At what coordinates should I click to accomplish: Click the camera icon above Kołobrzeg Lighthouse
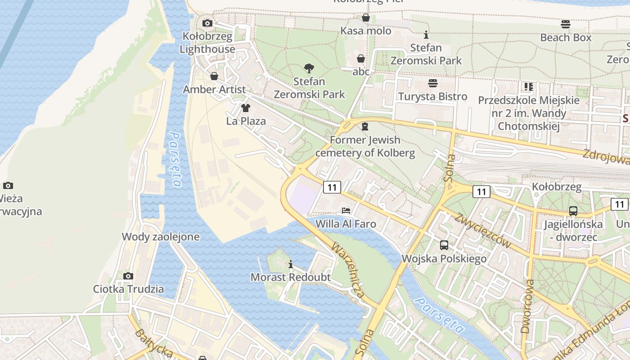(x=207, y=23)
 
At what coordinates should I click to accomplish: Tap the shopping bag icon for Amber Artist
(x=214, y=76)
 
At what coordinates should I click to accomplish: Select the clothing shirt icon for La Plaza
(x=246, y=108)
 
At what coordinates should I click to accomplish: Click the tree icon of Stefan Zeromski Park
(x=309, y=68)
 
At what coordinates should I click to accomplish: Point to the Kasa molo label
(x=365, y=31)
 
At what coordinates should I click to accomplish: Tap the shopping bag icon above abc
(x=361, y=58)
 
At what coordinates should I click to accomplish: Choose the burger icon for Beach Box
(x=566, y=24)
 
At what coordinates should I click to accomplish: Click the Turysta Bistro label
(x=432, y=96)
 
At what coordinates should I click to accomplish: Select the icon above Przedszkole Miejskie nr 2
(x=528, y=86)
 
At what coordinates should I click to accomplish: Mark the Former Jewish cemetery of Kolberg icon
(x=365, y=126)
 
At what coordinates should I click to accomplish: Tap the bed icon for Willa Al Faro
(x=346, y=210)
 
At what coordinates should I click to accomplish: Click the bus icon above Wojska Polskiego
(x=444, y=245)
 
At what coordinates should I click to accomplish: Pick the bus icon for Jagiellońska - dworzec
(x=573, y=211)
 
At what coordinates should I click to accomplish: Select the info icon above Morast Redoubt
(x=291, y=264)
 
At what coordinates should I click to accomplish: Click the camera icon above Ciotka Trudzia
(x=128, y=276)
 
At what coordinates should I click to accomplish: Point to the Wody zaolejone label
(x=161, y=237)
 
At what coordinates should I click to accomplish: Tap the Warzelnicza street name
(x=347, y=270)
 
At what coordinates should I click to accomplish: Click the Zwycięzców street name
(x=482, y=230)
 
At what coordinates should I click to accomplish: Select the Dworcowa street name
(x=527, y=306)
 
